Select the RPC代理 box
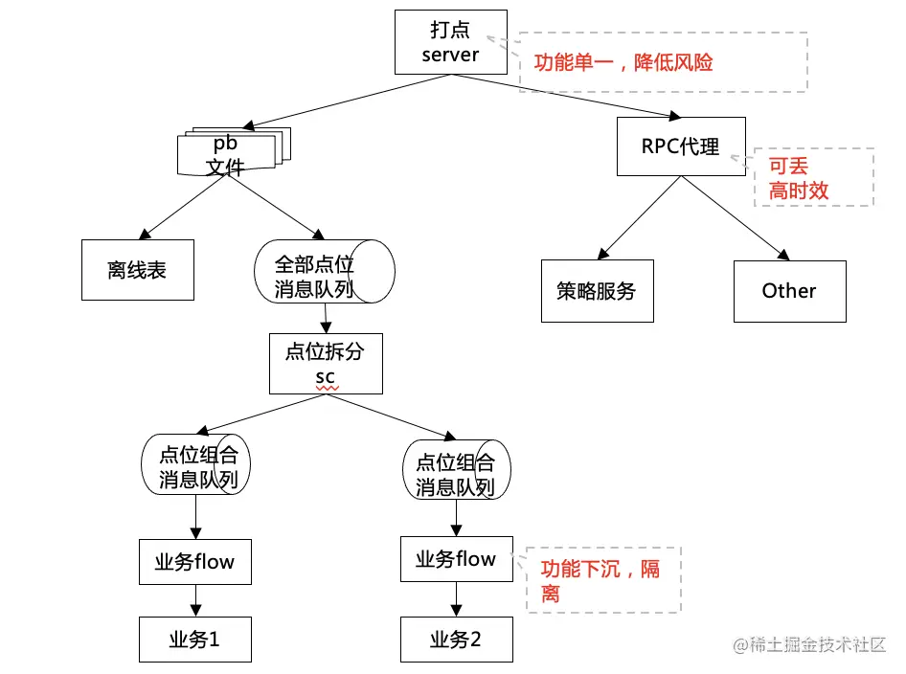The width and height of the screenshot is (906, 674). point(681,146)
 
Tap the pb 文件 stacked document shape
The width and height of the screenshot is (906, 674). point(230,153)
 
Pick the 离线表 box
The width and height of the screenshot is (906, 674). point(137,270)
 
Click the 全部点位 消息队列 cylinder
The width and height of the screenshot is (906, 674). point(323,273)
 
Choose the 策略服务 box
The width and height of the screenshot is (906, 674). point(597,291)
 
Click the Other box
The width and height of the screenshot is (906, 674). point(789,291)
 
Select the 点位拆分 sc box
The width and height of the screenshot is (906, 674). point(326,365)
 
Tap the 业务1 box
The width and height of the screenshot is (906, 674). point(194,640)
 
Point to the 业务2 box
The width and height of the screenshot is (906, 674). point(456,640)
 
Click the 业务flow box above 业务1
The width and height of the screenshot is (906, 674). point(194,561)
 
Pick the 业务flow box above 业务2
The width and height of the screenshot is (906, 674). point(456,558)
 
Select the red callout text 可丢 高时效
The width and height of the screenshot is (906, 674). point(799,178)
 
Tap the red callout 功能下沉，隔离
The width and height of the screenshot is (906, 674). point(600,580)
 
